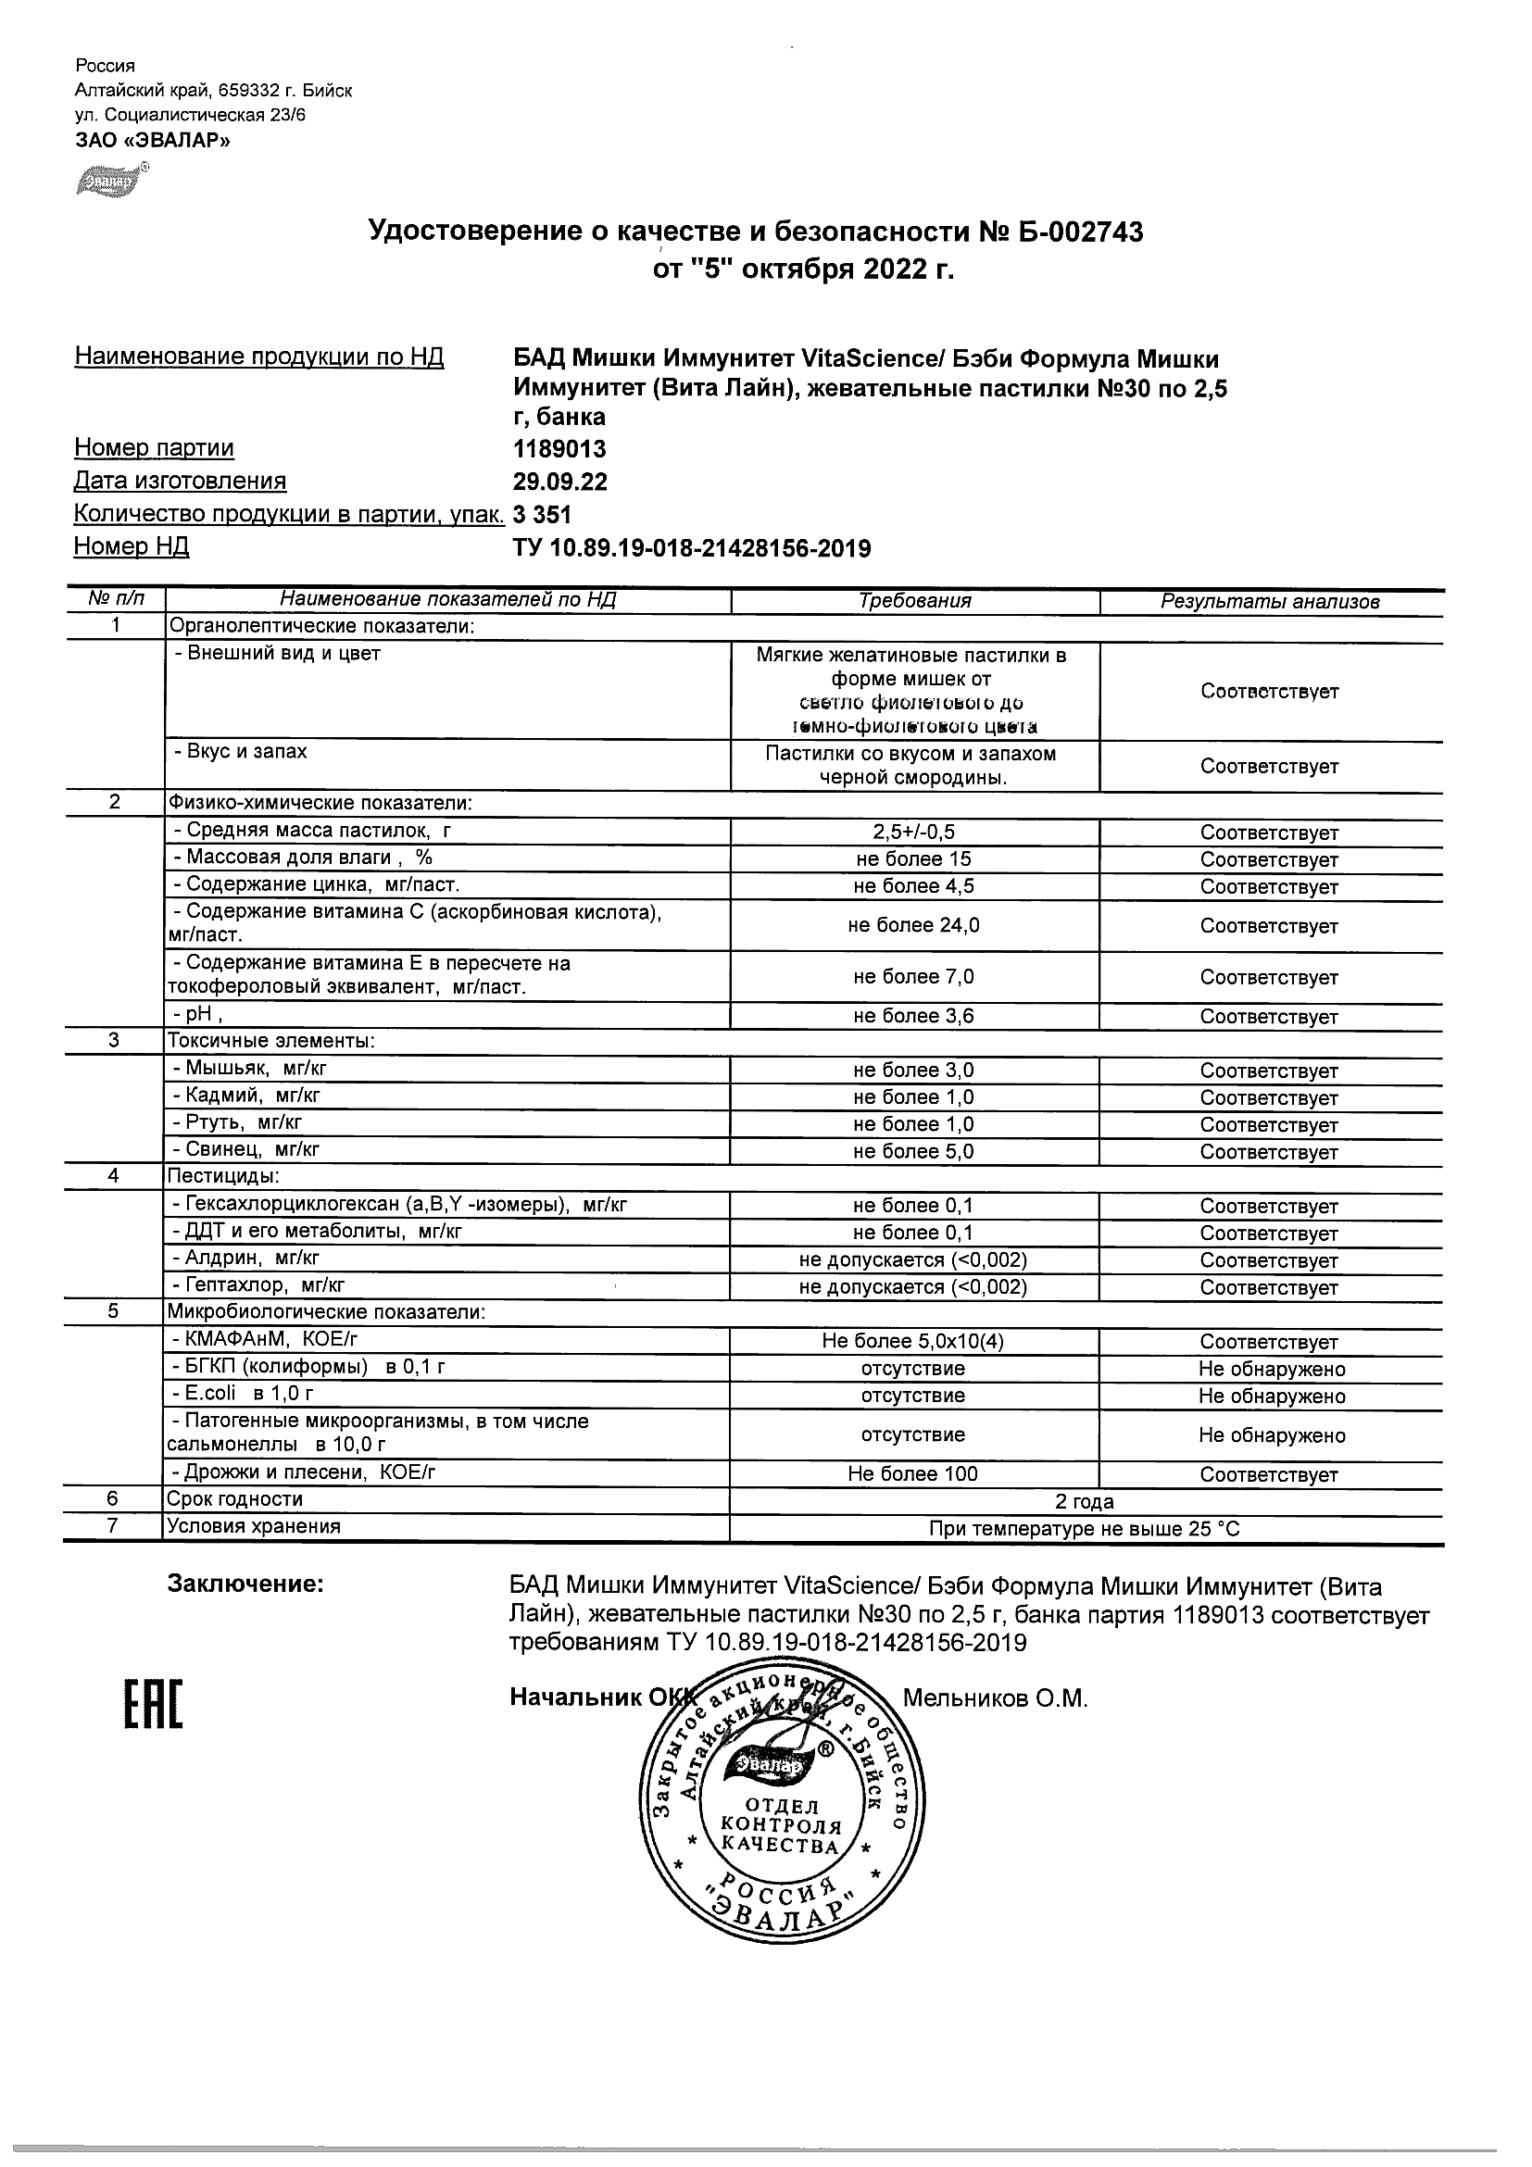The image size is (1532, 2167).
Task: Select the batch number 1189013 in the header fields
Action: pos(559,448)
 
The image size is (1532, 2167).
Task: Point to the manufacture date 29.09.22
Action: pos(559,482)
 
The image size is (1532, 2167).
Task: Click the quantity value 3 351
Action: pos(542,514)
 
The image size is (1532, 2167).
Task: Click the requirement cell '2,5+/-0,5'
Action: pos(913,833)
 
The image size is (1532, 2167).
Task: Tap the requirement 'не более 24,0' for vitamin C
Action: pos(913,926)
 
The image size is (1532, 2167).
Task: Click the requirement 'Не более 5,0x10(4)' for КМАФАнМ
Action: pos(913,1341)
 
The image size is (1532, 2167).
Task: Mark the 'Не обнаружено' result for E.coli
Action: pos(1272,1396)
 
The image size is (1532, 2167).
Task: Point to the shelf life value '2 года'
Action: pos(1086,1501)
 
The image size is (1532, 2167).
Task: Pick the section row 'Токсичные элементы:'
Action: pos(270,1041)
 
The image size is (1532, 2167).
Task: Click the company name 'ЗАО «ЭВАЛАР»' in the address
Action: pos(152,141)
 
